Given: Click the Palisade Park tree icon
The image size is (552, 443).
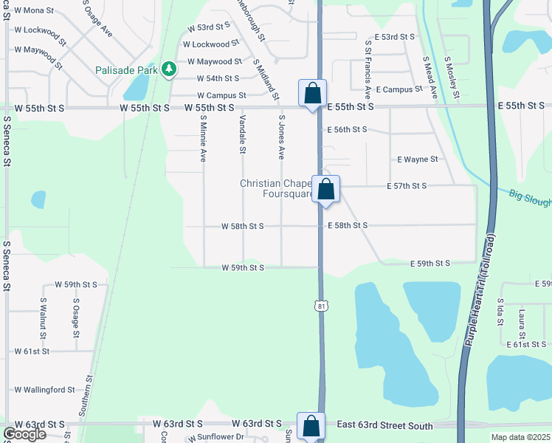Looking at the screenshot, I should click(170, 69).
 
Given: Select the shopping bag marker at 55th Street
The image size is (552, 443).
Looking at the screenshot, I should click(312, 94).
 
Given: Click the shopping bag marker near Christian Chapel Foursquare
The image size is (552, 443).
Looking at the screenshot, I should click(325, 190).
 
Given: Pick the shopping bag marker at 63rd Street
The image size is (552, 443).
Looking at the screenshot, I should click(311, 426).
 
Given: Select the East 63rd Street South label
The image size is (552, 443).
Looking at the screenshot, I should click(386, 425).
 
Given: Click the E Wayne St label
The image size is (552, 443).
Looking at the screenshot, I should click(418, 159).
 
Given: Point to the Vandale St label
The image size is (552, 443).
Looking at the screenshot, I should click(242, 135).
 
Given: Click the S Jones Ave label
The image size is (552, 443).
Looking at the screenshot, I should click(281, 137).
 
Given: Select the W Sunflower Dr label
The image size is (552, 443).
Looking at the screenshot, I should click(218, 437).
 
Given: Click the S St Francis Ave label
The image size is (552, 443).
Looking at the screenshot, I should click(367, 69).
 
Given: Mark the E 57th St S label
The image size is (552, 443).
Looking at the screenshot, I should click(407, 186).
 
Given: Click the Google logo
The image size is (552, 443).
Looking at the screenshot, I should click(24, 434).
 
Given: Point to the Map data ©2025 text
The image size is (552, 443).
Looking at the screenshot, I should click(521, 437).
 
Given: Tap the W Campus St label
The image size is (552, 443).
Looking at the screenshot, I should click(221, 96).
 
